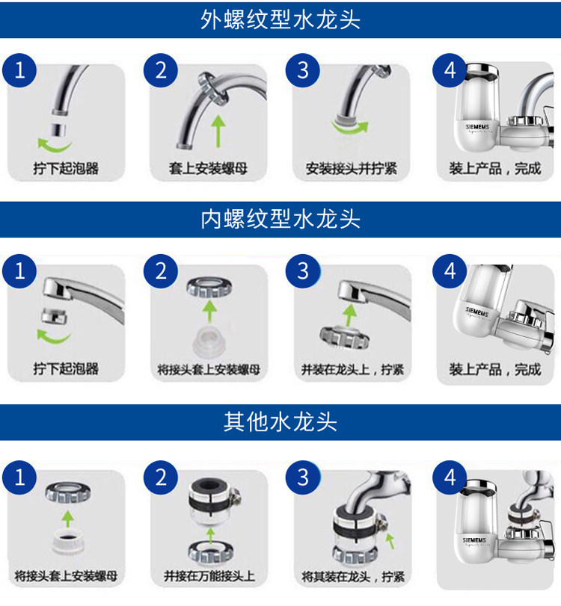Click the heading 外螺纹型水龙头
coord(280,19)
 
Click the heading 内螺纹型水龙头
coord(280,219)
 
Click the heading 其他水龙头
coord(280,421)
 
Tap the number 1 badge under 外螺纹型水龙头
coord(19,70)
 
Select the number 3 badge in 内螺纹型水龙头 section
coord(303,271)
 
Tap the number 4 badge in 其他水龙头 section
coord(450,477)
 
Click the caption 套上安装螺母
coord(208,169)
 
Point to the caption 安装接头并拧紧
coord(352,169)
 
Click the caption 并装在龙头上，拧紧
coord(352,370)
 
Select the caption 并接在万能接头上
coord(209,576)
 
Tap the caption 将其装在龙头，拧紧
coord(353,577)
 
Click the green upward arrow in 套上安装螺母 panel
coord(218,131)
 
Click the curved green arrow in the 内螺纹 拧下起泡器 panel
coord(53,337)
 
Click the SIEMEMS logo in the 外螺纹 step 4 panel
coord(477,127)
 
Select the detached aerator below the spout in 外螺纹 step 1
coord(59,130)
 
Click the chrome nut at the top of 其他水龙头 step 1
coord(68,492)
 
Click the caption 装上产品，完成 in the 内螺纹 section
coord(495,370)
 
